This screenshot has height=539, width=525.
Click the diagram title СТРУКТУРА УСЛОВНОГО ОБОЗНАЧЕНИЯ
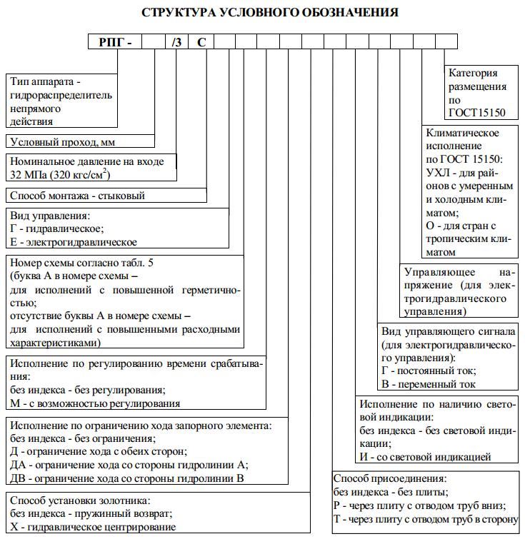(270, 12)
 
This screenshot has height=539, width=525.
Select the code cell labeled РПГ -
(115, 42)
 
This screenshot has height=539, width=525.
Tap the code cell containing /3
(177, 42)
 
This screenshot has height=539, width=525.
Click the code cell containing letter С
(201, 42)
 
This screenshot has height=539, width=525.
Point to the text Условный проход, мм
(63, 142)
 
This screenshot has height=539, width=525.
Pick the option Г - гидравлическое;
(57, 228)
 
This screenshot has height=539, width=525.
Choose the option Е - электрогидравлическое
(74, 242)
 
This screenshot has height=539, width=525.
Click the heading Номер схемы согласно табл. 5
(81, 263)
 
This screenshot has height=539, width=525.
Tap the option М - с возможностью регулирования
(95, 403)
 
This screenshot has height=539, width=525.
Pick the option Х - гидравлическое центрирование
(93, 527)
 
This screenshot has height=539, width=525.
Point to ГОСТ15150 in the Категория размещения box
(476, 113)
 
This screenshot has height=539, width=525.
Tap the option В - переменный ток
(429, 384)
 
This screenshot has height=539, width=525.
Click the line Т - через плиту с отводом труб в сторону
(426, 519)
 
